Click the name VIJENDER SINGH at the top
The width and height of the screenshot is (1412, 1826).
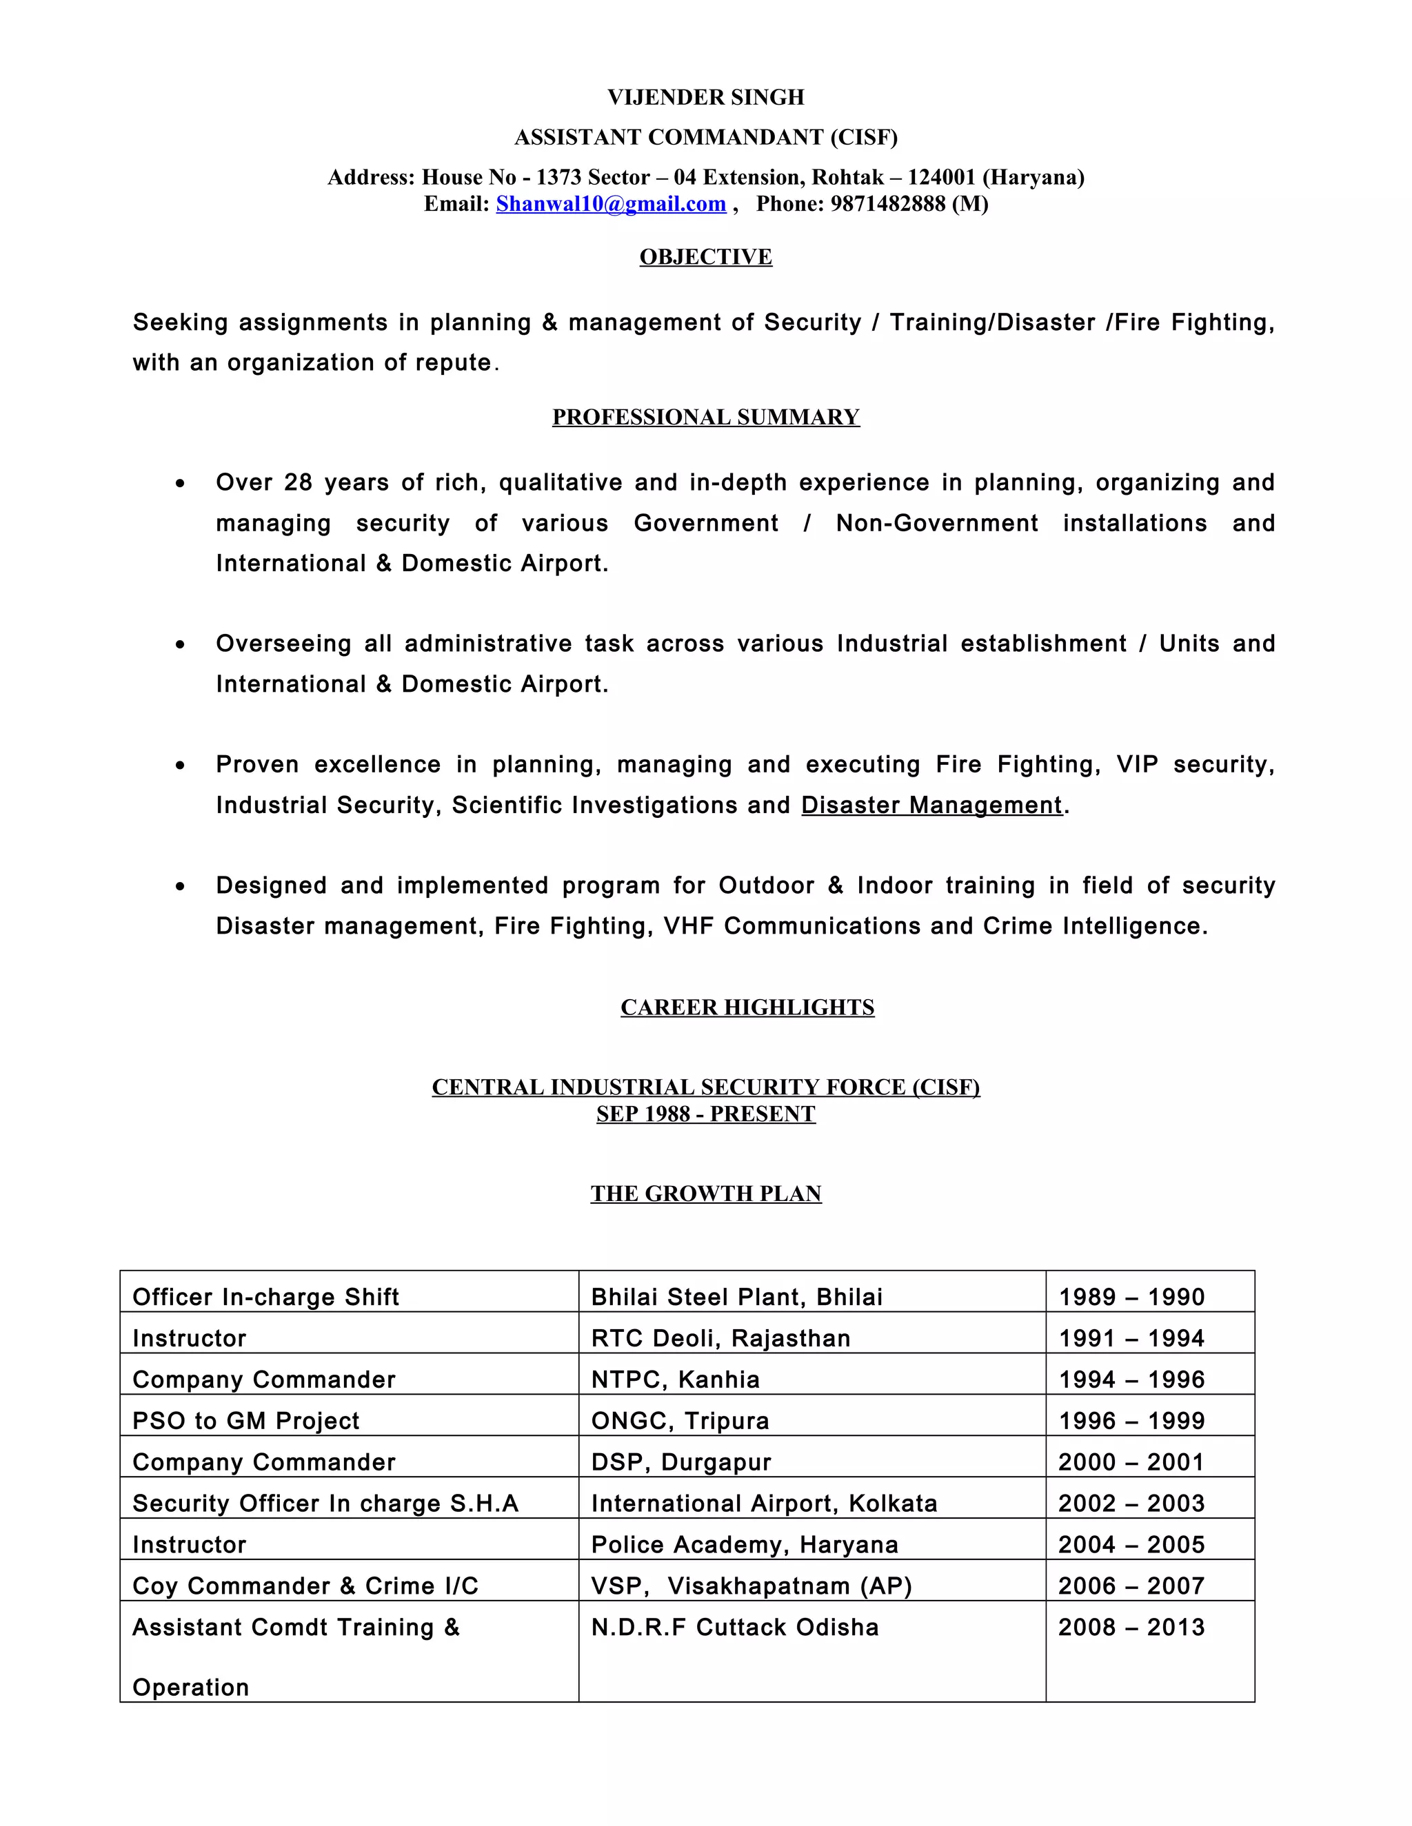[x=705, y=98]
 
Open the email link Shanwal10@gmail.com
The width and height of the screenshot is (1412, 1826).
[x=611, y=204]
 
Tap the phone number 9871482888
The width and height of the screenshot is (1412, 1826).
[x=887, y=204]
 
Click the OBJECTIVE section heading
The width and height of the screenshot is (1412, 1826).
[x=705, y=257]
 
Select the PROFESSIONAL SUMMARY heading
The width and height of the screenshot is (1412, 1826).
[x=705, y=417]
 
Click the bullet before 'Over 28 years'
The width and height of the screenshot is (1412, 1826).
[x=181, y=484]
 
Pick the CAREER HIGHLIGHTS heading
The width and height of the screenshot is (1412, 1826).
[x=747, y=1007]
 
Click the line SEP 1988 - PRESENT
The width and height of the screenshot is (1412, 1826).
[x=705, y=1114]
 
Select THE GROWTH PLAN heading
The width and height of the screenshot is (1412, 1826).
[x=705, y=1194]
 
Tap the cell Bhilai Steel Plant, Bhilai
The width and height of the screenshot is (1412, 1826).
[x=736, y=1297]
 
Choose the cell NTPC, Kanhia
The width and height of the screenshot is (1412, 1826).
[x=675, y=1379]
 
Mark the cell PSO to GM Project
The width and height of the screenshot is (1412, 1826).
[x=246, y=1421]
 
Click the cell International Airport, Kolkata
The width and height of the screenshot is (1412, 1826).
[x=764, y=1504]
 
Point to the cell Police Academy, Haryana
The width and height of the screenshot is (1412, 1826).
[x=745, y=1544]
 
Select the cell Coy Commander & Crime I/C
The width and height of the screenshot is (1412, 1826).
[x=305, y=1586]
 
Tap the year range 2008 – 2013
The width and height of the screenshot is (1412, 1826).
[x=1131, y=1627]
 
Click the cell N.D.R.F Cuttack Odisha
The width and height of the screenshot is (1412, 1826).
[x=734, y=1627]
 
